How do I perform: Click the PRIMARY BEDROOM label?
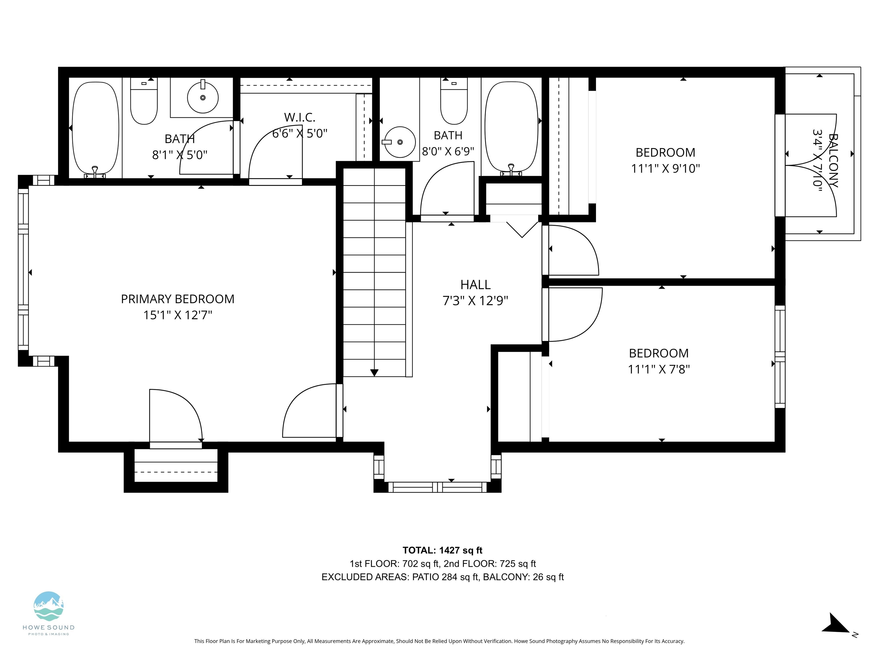click(x=178, y=299)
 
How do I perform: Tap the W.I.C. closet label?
click(x=300, y=118)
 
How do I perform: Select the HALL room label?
click(x=475, y=285)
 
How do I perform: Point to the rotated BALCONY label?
click(x=833, y=160)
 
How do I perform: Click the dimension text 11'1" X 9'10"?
click(x=665, y=168)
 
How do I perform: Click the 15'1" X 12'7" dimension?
click(x=178, y=315)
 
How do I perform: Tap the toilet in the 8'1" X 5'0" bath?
click(x=144, y=101)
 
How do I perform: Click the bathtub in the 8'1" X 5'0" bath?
click(x=95, y=129)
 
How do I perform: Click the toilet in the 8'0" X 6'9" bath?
click(x=454, y=101)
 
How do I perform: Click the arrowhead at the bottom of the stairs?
click(x=374, y=373)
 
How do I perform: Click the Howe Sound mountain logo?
click(x=48, y=606)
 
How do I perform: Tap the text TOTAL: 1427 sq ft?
click(x=442, y=550)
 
